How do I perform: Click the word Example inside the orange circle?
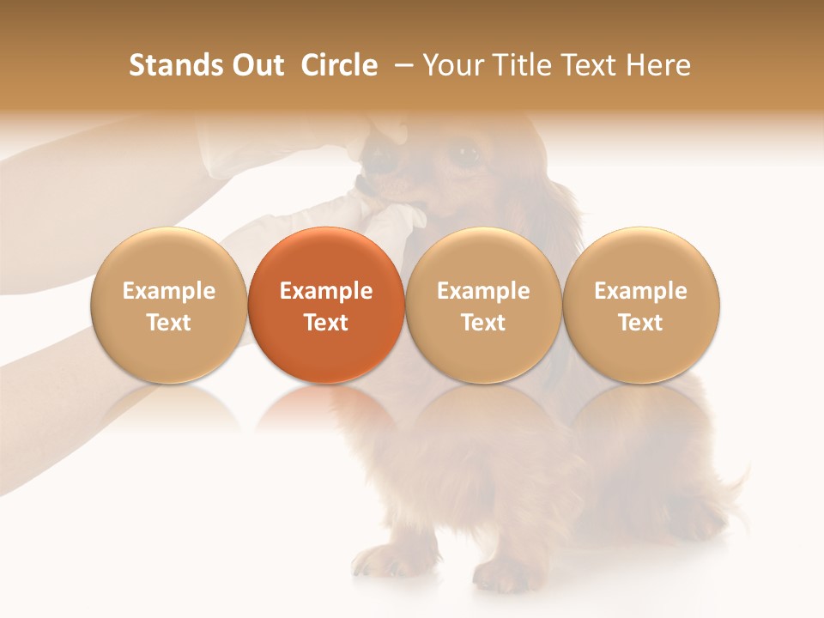tap(326, 291)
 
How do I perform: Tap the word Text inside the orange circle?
tap(326, 323)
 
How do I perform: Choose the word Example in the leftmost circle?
tap(169, 291)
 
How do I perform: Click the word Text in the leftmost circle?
tap(169, 323)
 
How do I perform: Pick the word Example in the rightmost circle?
tap(641, 291)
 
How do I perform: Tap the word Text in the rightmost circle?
tap(641, 323)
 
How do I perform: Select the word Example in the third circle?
tap(483, 291)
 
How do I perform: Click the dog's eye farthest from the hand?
tap(466, 154)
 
